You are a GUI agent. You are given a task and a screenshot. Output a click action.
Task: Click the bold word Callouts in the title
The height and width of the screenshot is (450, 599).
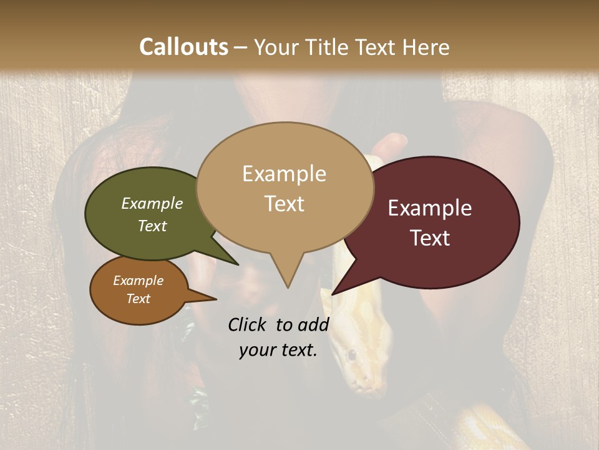click(x=183, y=47)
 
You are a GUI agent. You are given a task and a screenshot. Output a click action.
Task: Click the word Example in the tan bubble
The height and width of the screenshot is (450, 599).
click(x=284, y=174)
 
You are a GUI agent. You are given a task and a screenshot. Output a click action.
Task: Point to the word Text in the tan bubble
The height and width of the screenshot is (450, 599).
click(x=284, y=204)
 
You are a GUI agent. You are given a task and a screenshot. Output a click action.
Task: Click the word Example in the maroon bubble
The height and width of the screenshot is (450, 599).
click(x=429, y=208)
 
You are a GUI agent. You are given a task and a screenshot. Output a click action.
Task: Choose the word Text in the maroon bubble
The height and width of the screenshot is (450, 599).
click(x=429, y=238)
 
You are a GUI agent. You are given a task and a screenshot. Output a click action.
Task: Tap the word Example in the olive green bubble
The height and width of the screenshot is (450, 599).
click(x=152, y=204)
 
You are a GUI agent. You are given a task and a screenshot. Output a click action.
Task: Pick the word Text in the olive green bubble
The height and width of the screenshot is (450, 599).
click(x=152, y=226)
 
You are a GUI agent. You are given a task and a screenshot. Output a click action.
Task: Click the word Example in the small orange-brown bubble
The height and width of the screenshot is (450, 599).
click(x=138, y=281)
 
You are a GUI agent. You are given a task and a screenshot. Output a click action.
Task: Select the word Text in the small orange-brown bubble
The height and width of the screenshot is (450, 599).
click(x=138, y=299)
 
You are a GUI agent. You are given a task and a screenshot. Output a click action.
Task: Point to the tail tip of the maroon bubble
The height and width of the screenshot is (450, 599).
click(x=333, y=293)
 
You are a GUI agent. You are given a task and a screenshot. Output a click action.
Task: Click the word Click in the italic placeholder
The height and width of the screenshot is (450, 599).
click(x=248, y=325)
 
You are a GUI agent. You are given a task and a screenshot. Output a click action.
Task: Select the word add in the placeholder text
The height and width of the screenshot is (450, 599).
click(x=313, y=325)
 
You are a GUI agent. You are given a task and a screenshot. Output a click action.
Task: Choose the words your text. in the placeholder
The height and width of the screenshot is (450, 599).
click(x=278, y=351)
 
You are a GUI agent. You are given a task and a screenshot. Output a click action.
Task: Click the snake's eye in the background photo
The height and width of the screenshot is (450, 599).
click(x=353, y=356)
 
